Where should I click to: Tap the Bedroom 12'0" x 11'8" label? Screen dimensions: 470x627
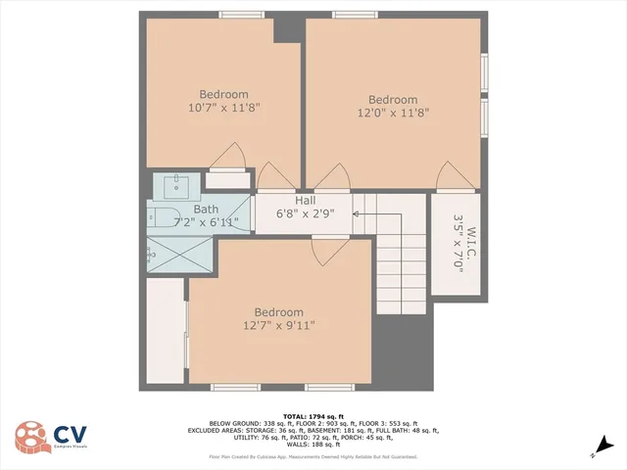[393, 106]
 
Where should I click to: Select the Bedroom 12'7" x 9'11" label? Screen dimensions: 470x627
[279, 318]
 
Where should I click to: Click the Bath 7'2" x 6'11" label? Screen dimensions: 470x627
[206, 215]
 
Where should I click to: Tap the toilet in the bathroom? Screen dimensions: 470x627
[161, 214]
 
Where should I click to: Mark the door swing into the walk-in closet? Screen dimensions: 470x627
[456, 177]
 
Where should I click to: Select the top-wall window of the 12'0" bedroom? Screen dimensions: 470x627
[355, 15]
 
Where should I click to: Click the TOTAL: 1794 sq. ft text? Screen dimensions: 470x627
[313, 416]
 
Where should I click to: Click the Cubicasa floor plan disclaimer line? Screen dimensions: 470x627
[313, 456]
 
